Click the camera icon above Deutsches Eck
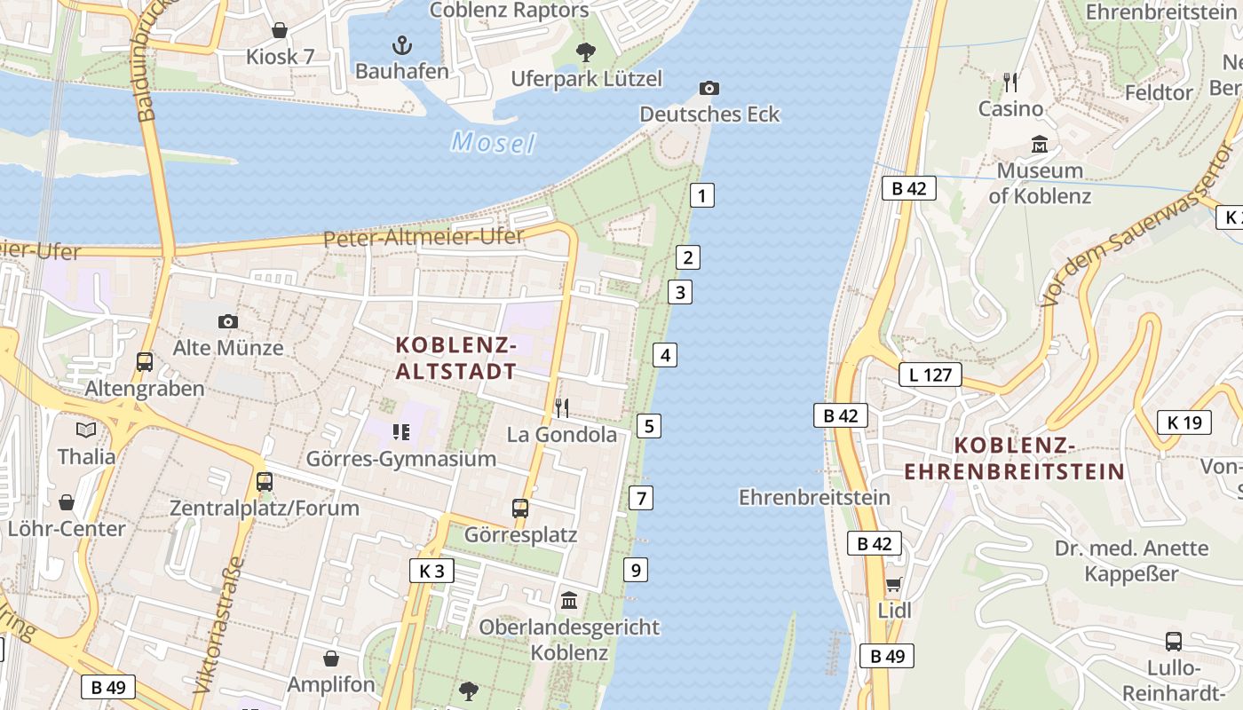coord(709,88)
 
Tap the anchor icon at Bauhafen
coord(402,44)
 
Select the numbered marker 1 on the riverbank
coord(701,195)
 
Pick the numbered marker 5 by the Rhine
coord(649,426)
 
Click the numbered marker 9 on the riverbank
coord(636,570)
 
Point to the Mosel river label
coord(493,143)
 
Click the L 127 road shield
coord(930,375)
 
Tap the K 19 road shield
coord(1184,422)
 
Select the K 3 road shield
coord(431,571)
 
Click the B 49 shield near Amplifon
coord(108,686)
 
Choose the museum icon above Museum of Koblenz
coord(1040,144)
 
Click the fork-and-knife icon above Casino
coord(1010,83)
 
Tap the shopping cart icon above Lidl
coord(894,585)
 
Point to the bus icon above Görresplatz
coord(520,509)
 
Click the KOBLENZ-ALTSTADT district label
coord(455,358)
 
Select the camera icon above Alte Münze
coord(228,321)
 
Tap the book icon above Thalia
coord(86,430)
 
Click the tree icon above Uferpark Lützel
coord(586,52)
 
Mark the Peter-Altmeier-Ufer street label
coord(424,238)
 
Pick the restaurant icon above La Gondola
coord(562,408)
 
